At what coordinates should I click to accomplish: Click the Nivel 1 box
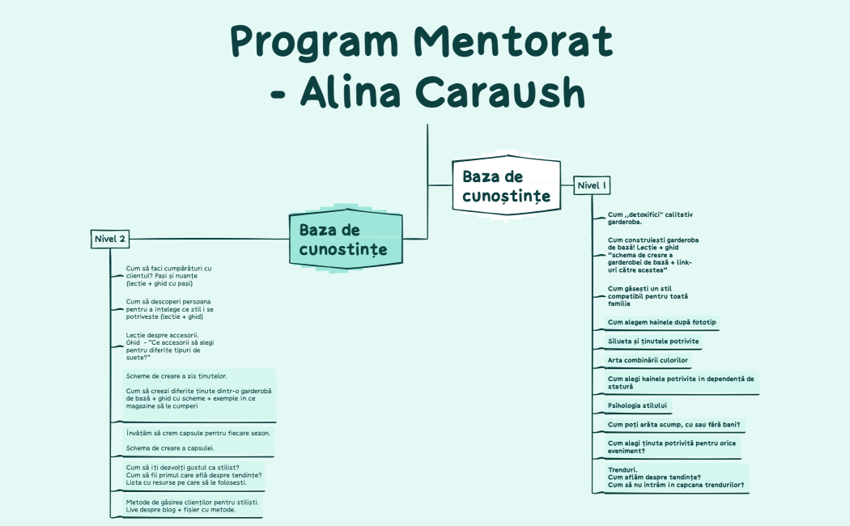click(592, 185)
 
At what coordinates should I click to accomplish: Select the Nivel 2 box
click(110, 239)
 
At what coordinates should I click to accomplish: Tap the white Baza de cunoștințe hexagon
click(506, 185)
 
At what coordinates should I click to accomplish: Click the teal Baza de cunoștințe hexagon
click(346, 239)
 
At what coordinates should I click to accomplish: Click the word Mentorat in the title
click(512, 42)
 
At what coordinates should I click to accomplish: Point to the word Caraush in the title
click(500, 92)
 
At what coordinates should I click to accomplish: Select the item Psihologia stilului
click(638, 405)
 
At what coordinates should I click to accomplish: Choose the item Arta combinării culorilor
click(648, 360)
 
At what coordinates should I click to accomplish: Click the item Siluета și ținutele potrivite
click(653, 341)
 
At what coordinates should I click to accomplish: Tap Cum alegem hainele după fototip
click(662, 322)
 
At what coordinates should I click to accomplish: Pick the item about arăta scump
click(674, 425)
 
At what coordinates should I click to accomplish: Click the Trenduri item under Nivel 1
click(676, 477)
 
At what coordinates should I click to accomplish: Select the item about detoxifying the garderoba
click(650, 218)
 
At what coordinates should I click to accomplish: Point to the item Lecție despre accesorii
click(170, 346)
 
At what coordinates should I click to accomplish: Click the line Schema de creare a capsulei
click(170, 448)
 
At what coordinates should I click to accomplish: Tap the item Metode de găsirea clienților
click(193, 506)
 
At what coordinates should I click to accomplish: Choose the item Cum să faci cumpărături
click(168, 276)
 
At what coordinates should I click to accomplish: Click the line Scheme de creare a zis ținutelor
click(176, 376)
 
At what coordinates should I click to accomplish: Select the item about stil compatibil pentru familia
click(648, 296)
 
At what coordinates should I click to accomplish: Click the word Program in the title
click(314, 43)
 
